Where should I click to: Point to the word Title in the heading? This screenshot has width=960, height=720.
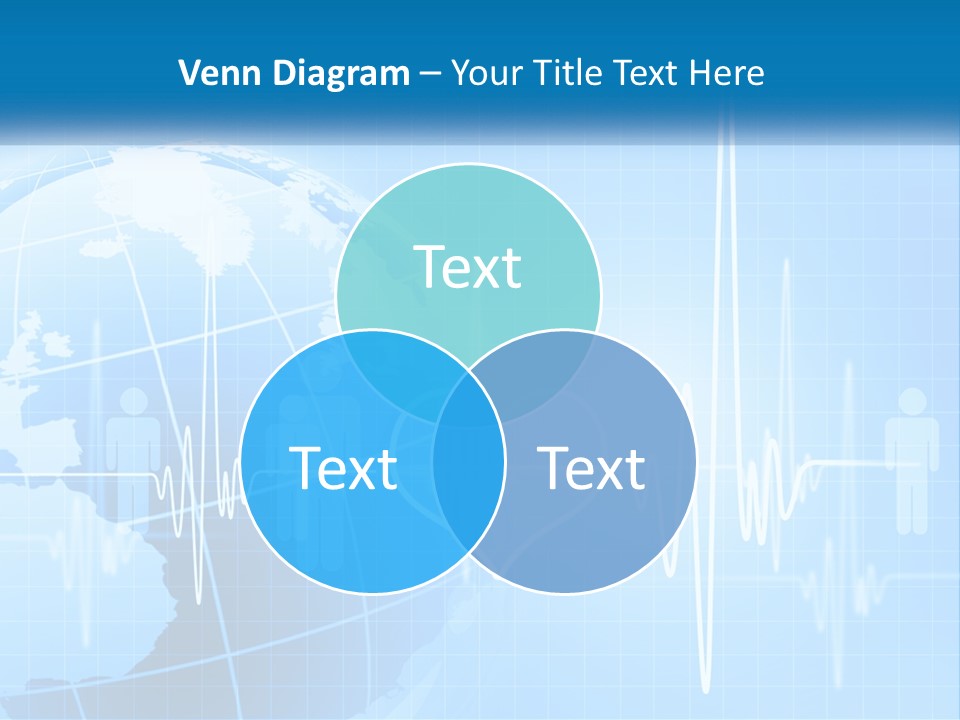564,73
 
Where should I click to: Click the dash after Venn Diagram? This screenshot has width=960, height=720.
430,74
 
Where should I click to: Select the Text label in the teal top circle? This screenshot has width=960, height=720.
468,267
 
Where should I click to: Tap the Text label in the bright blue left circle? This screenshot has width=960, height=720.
343,468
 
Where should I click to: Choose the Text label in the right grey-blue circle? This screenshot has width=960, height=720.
591,468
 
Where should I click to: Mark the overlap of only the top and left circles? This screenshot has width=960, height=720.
385,370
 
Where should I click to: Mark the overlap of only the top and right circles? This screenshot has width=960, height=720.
551,370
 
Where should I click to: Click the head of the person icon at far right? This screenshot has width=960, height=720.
912,403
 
